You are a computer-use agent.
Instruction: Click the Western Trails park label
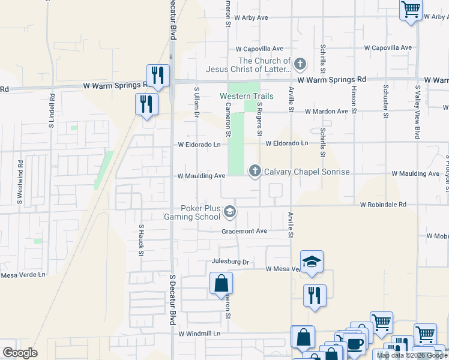246,96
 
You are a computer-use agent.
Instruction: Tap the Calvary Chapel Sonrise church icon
255,172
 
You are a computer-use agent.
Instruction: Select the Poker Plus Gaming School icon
230,212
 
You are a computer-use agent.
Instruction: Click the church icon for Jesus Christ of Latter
301,64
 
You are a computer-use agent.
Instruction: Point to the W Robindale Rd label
383,205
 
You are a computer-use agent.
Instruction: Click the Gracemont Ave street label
244,231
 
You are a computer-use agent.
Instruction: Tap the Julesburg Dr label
230,262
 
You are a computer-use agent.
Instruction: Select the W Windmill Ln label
199,333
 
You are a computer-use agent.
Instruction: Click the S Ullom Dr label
196,103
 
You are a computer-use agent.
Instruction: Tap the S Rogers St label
260,115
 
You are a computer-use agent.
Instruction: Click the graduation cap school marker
312,262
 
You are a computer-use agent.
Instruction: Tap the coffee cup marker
354,343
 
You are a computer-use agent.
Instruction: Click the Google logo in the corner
20,353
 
